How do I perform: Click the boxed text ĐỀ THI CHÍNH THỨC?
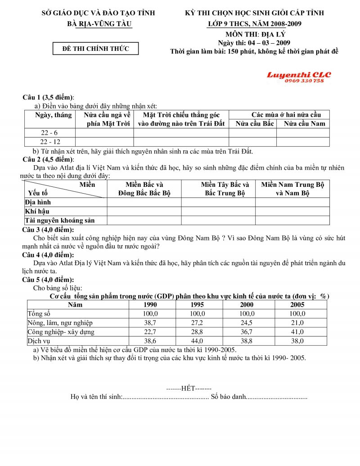pyautogui.click(x=95, y=49)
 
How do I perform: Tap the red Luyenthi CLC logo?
pyautogui.click(x=299, y=75)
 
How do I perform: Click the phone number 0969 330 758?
pyautogui.click(x=304, y=81)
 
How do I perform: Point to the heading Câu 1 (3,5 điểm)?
pyautogui.click(x=49, y=97)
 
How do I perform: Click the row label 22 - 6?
pyautogui.click(x=49, y=133)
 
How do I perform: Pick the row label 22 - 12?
pyautogui.click(x=49, y=142)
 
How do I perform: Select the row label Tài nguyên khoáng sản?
pyautogui.click(x=59, y=220)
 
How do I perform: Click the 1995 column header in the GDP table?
pyautogui.click(x=197, y=305)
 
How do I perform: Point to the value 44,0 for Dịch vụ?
pyautogui.click(x=197, y=341)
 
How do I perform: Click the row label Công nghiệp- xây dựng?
pyautogui.click(x=61, y=332)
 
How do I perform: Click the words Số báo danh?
pyautogui.click(x=228, y=397)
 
